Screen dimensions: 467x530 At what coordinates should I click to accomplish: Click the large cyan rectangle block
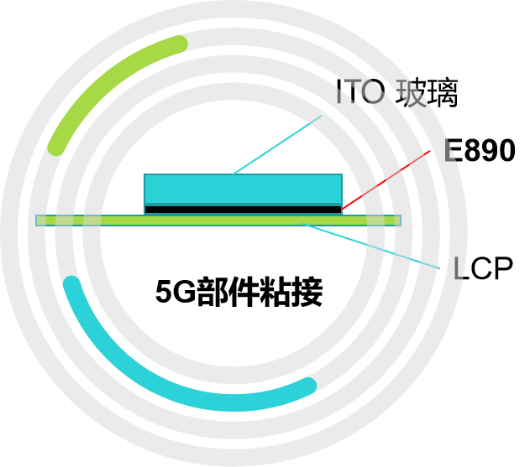tap(243, 189)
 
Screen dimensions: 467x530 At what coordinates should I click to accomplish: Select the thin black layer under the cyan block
tap(243, 209)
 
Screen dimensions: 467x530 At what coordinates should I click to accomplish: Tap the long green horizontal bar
tap(218, 221)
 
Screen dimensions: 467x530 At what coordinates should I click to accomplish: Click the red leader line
tap(386, 180)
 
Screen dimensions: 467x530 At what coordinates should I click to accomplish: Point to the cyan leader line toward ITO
tap(277, 145)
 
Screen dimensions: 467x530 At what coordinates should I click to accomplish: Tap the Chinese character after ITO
tap(412, 93)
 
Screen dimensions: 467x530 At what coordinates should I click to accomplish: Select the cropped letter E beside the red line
tap(450, 152)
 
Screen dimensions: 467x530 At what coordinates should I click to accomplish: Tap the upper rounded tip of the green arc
tap(179, 43)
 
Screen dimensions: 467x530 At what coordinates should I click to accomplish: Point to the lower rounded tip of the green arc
tap(55, 148)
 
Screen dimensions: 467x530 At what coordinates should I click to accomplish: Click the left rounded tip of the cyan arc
tap(71, 283)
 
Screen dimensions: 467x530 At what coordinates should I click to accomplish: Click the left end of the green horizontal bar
tap(39, 221)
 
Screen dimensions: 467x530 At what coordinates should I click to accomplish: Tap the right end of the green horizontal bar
tap(398, 221)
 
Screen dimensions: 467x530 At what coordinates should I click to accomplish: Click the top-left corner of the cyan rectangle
tap(145, 175)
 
